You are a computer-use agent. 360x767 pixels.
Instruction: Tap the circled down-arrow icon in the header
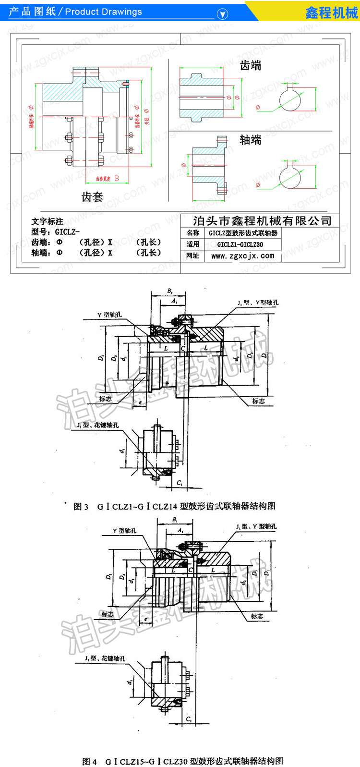click(222, 14)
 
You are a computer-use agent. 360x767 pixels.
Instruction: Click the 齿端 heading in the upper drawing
click(251, 65)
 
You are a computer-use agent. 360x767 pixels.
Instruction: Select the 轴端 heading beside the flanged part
click(251, 140)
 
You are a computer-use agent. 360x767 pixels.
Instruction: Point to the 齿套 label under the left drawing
click(92, 196)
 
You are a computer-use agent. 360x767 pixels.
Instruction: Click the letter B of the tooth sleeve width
click(117, 179)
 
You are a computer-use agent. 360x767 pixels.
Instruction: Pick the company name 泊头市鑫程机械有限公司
click(262, 221)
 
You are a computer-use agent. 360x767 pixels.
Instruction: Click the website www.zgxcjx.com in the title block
click(242, 256)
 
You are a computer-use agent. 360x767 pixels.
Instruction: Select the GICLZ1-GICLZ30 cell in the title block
click(240, 244)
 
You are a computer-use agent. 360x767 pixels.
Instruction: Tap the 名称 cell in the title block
click(193, 233)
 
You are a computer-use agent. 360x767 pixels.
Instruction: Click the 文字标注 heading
click(47, 221)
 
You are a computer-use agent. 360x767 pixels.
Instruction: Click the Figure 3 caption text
click(174, 506)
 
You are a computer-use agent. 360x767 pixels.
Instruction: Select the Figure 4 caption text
click(182, 761)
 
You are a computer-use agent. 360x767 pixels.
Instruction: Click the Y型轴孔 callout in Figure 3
click(109, 315)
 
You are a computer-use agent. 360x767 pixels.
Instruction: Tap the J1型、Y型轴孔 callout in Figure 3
click(258, 303)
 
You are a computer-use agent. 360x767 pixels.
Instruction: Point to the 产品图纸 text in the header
click(32, 12)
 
